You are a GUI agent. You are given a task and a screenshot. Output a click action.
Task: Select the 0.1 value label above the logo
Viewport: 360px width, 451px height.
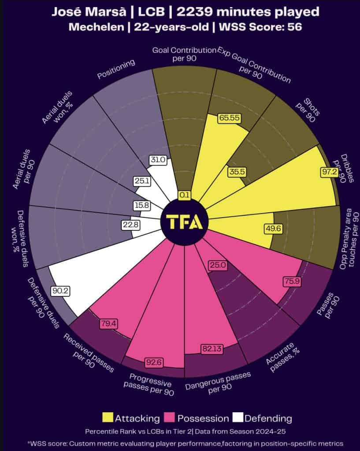[184, 194]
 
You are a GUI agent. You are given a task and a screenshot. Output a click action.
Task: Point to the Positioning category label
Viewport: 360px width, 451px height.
[115, 70]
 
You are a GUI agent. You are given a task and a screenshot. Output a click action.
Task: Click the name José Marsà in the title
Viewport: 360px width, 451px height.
[82, 12]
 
